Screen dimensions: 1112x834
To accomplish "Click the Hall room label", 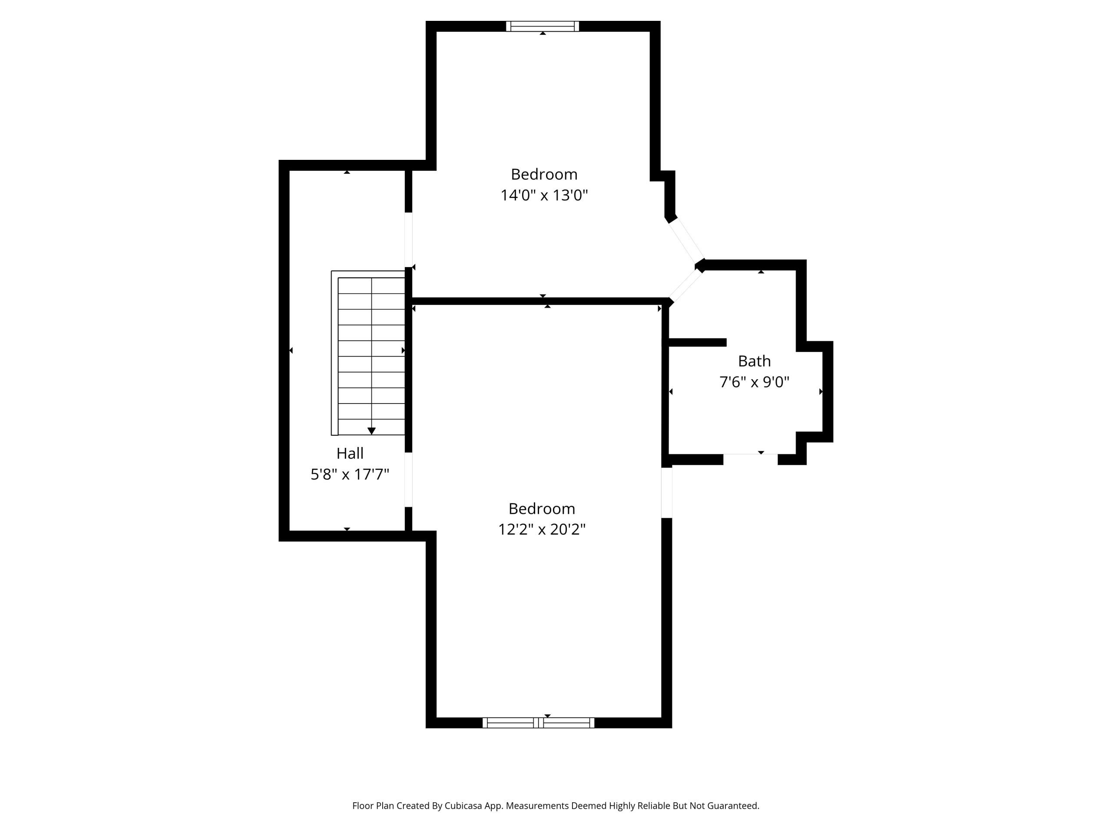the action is tap(350, 453).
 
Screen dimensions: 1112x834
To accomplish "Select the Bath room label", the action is tap(754, 361).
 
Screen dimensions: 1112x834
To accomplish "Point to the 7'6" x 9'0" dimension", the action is tap(754, 382).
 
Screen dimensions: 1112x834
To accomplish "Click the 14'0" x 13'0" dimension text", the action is tap(544, 195).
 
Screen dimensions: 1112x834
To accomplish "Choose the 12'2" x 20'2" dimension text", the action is tap(542, 530).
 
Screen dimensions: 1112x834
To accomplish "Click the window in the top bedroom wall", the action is tap(543, 26).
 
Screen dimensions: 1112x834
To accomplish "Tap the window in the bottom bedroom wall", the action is tap(538, 723).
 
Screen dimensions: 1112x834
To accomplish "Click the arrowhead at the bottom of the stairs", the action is tap(371, 431).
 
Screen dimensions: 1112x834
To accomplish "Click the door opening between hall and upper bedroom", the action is tap(409, 240).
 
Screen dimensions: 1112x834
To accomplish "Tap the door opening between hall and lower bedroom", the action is tap(409, 480).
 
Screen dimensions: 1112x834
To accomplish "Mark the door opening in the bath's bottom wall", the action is tap(751, 460).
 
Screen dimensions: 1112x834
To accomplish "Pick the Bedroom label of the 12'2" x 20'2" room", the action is tap(542, 509).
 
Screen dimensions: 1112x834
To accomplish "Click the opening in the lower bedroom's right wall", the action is tap(667, 493).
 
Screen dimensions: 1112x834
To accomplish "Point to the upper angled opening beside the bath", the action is tap(686, 240).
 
